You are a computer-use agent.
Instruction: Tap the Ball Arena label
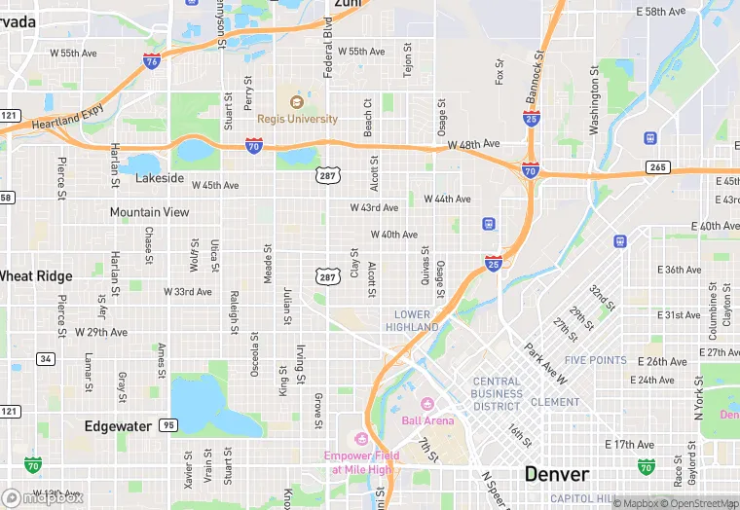(427, 420)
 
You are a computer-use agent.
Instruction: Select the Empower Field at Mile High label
(362, 461)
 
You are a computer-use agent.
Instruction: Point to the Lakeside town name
(160, 178)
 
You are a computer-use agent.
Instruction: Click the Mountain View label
(149, 212)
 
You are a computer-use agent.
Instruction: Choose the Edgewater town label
(118, 426)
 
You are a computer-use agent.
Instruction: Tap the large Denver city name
(556, 474)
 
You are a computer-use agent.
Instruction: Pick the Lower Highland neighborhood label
(413, 320)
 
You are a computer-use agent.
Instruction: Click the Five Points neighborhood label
(595, 360)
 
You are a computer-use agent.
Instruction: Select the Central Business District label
(498, 393)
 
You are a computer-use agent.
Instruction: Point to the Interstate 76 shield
(151, 60)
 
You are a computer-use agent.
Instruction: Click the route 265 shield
(659, 167)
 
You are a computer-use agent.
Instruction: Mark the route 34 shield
(45, 359)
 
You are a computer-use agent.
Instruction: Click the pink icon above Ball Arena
(425, 404)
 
